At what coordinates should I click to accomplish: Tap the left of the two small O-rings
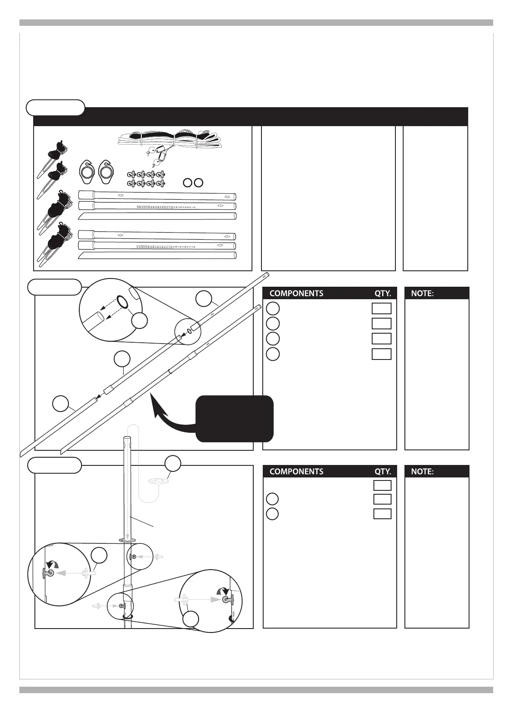pos(187,183)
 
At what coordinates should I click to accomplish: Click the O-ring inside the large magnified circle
pos(122,302)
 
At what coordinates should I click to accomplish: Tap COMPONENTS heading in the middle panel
pos(296,294)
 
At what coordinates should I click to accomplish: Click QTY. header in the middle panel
pos(382,294)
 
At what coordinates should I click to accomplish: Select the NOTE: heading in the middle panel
pos(422,294)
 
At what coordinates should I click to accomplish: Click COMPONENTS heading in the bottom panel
pos(296,471)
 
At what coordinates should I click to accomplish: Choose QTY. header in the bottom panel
pos(382,471)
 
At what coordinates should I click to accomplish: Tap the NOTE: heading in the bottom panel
pos(422,471)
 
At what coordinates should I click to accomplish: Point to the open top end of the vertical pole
pos(127,439)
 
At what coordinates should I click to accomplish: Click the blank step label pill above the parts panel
pos(56,108)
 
